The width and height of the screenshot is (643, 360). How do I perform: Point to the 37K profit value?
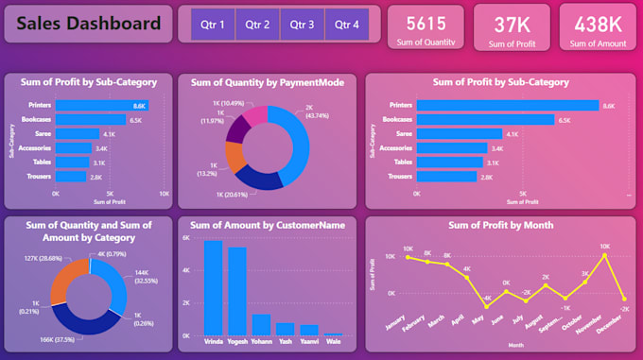[x=512, y=23]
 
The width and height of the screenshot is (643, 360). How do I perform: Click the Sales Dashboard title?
[x=87, y=24]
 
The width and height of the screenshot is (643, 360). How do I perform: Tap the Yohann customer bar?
[x=261, y=325]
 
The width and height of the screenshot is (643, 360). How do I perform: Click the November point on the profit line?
[x=604, y=255]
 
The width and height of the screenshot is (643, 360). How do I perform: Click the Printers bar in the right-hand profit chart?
[x=508, y=106]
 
